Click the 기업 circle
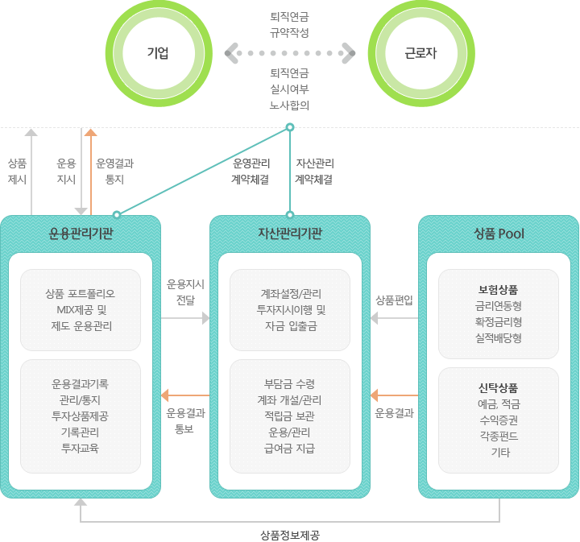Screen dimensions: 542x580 pyautogui.click(x=158, y=54)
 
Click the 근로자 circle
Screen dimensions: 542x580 pyautogui.click(x=420, y=54)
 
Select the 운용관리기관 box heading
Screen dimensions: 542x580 pyautogui.click(x=81, y=234)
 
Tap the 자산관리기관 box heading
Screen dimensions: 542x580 pyautogui.click(x=290, y=234)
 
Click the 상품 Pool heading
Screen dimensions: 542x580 pyautogui.click(x=499, y=234)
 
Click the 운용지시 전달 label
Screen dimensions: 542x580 pyautogui.click(x=185, y=292)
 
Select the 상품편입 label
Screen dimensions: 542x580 pyautogui.click(x=394, y=300)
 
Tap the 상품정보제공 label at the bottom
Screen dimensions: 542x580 pyautogui.click(x=290, y=534)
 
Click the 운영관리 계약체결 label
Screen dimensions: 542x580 pyautogui.click(x=251, y=171)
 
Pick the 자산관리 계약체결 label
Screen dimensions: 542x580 pyautogui.click(x=314, y=171)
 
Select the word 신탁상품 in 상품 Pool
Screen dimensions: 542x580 pyautogui.click(x=499, y=387)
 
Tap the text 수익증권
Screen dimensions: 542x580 pyautogui.click(x=499, y=420)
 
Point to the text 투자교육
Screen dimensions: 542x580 pyautogui.click(x=80, y=448)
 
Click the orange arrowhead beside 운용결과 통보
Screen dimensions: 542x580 pyautogui.click(x=165, y=395)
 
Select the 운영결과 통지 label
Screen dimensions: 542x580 pyautogui.click(x=115, y=171)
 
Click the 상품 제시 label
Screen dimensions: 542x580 pyautogui.click(x=17, y=171)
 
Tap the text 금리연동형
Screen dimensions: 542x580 pyautogui.click(x=499, y=306)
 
